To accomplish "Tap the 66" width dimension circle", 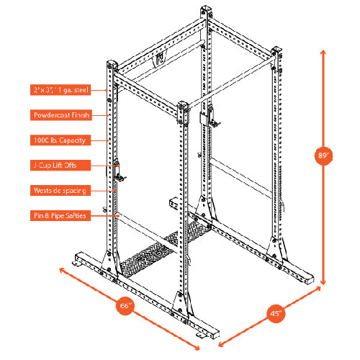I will click(x=125, y=305).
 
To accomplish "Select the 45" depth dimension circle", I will click(x=277, y=313).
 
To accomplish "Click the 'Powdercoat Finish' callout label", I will click(x=61, y=114).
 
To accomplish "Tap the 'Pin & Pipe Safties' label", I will click(x=61, y=215).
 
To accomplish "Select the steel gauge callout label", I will click(x=61, y=89).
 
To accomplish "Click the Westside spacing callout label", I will click(x=61, y=190).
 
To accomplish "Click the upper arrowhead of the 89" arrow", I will click(x=324, y=52).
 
